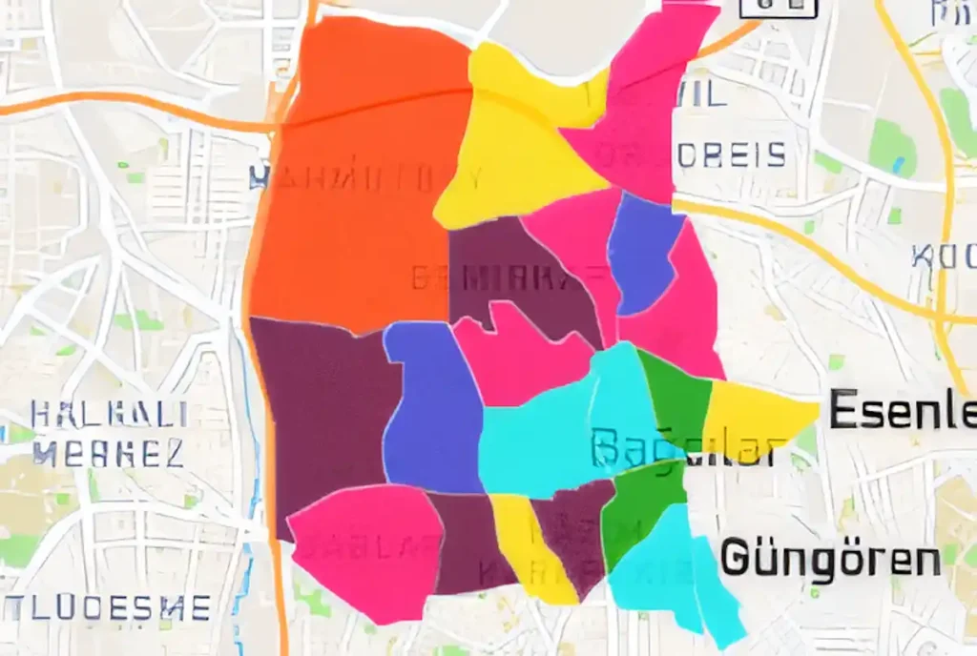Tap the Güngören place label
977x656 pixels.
pyautogui.click(x=829, y=558)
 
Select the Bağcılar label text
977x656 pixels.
pyautogui.click(x=683, y=448)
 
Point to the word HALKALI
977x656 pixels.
pyautogui.click(x=109, y=415)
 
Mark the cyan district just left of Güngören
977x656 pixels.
pyautogui.click(x=668, y=572)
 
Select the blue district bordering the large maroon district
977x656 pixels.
pyautogui.click(x=434, y=410)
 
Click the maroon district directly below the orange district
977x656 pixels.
pyautogui.click(x=320, y=410)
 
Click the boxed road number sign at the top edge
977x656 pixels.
pyautogui.click(x=779, y=6)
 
